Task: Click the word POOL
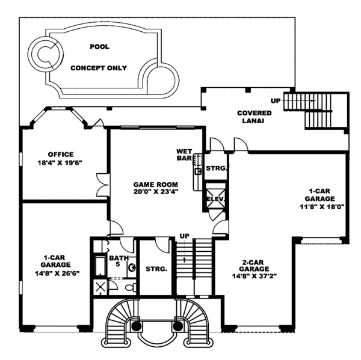100,46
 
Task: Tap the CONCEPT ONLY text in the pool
99,68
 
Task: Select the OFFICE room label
60,154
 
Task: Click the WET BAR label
184,154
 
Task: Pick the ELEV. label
215,198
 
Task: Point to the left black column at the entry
137,325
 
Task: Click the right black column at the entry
177,325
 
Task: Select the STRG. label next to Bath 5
156,269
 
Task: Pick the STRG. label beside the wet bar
217,169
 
